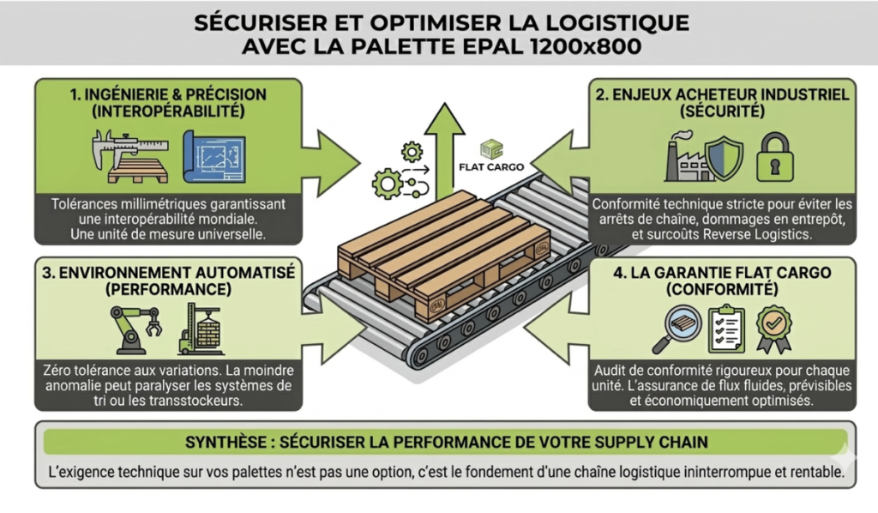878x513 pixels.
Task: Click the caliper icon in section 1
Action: pyautogui.click(x=118, y=147)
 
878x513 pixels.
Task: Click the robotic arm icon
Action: pyautogui.click(x=132, y=326)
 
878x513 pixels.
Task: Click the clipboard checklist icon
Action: pyautogui.click(x=725, y=329)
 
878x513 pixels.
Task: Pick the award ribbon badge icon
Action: pyautogui.click(x=773, y=328)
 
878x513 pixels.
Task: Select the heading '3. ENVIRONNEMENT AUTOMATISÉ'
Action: pyautogui.click(x=169, y=272)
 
